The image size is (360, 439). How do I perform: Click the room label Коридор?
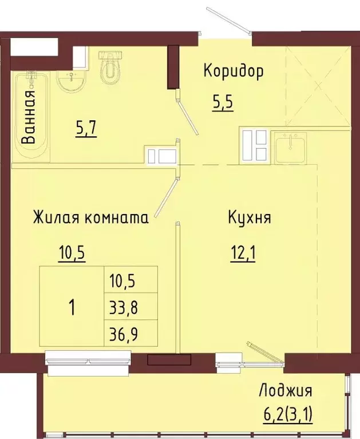(233, 72)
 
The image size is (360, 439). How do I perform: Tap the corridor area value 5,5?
(223, 103)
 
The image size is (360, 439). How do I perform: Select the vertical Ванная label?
(29, 117)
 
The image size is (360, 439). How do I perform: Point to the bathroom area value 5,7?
(86, 129)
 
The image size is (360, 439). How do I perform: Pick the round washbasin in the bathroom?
(72, 81)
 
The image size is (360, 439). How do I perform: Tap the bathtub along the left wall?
(31, 117)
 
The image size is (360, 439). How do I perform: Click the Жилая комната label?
(90, 217)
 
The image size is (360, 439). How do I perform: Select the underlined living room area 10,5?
(72, 253)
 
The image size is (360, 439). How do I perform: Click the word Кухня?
(250, 217)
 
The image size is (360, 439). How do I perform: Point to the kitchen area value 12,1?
(243, 253)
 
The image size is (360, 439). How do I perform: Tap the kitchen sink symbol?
(291, 148)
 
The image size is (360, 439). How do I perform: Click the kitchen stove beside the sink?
(255, 146)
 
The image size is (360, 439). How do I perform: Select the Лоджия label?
(286, 390)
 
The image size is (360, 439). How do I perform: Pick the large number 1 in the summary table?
(72, 307)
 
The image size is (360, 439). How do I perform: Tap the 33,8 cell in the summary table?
(124, 307)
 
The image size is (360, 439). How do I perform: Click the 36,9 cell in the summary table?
(124, 333)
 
